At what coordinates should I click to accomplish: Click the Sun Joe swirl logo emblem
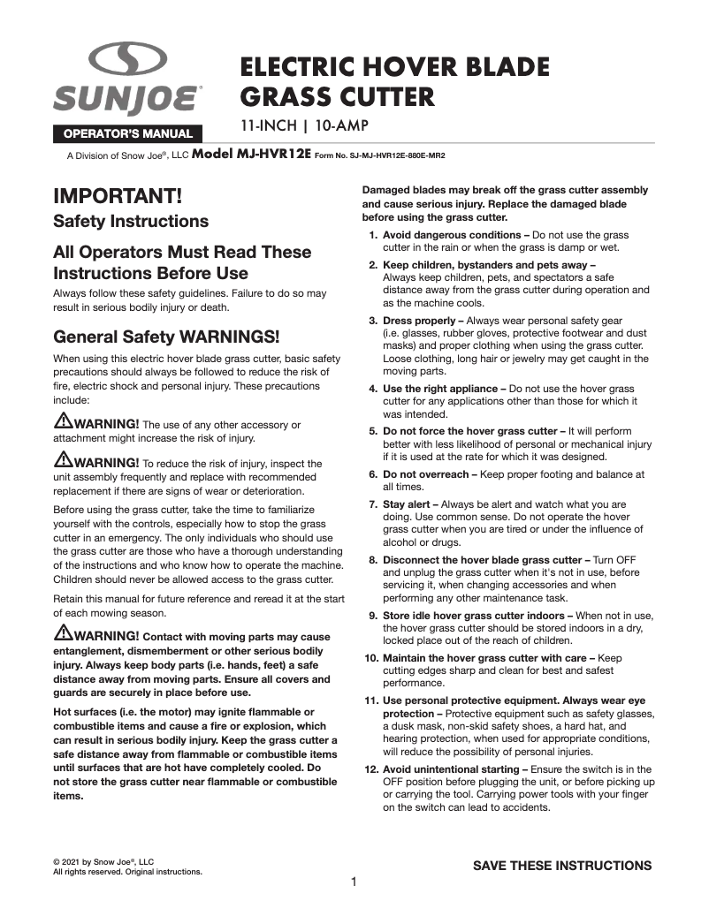coord(128,63)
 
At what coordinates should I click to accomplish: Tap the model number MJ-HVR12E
coord(251,154)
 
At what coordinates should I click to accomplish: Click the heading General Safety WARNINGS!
coord(167,337)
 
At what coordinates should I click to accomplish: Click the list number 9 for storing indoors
coord(373,616)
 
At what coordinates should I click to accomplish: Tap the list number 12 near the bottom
coord(371,769)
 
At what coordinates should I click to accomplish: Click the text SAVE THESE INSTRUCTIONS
coord(562,866)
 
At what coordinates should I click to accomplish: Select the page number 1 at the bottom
coord(354,882)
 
